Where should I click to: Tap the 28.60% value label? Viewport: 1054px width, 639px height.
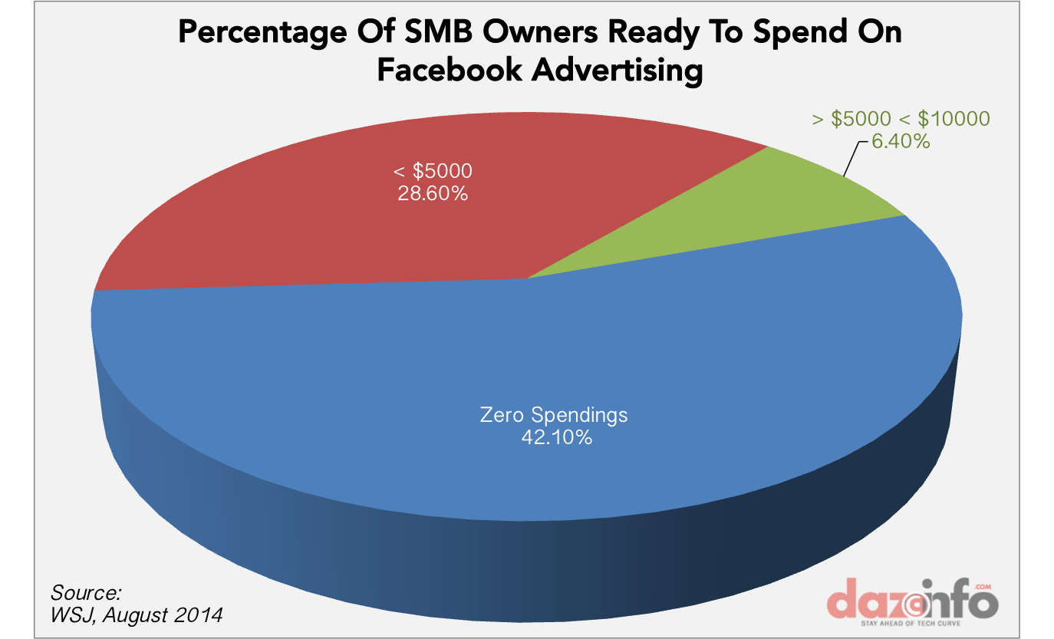pos(433,193)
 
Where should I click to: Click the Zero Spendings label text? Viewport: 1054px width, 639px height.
pos(553,415)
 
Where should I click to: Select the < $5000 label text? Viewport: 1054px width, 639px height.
pos(433,170)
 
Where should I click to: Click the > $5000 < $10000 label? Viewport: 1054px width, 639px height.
pos(901,119)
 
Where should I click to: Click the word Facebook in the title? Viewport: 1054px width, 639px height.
pos(450,71)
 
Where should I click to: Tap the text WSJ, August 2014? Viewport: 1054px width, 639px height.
pos(137,614)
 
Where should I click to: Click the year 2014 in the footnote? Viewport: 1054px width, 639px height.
pos(202,614)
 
